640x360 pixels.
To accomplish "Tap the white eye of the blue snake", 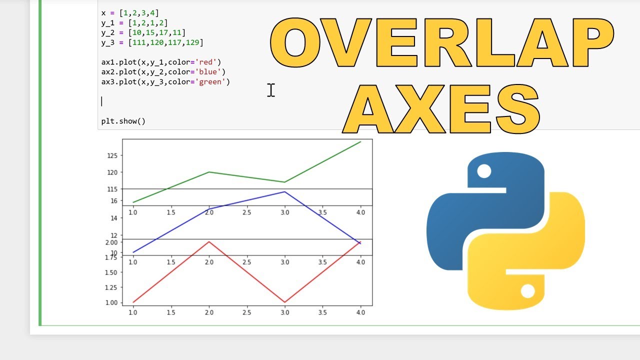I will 484,171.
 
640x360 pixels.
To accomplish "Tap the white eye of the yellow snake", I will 527,291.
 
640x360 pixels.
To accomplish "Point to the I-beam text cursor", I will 270,90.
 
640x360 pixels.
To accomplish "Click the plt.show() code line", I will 123,121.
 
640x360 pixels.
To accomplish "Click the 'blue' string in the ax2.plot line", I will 209,72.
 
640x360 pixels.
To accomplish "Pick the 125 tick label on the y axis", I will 112,155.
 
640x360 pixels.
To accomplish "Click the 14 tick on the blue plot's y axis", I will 113,218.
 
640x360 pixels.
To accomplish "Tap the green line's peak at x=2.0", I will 209,172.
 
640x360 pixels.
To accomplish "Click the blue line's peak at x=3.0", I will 284,191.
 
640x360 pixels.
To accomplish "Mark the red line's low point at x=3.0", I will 284,302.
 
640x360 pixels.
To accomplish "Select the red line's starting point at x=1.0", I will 133,302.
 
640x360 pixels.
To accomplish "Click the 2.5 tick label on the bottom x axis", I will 246,312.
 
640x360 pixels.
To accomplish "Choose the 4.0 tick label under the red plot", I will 360,312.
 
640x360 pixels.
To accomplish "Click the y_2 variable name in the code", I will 107,33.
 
